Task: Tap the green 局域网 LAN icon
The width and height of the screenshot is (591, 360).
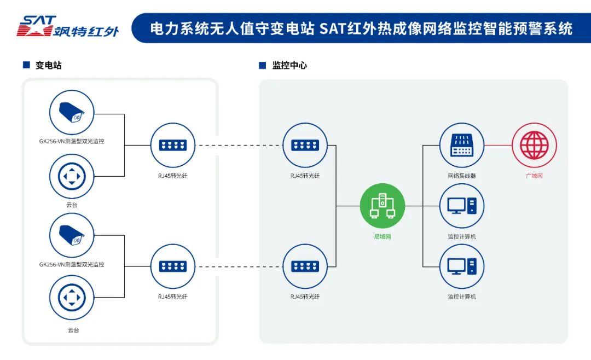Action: point(383,206)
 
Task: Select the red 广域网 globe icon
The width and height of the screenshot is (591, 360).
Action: point(534,145)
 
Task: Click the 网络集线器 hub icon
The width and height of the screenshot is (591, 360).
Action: point(462,145)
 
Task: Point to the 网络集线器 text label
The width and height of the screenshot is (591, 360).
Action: point(462,176)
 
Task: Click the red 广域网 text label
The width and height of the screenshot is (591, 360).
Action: point(534,176)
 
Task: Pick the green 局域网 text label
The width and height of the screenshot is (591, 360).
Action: point(383,236)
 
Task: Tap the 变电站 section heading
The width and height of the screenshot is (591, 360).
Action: point(48,65)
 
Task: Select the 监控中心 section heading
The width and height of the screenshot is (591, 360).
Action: point(289,65)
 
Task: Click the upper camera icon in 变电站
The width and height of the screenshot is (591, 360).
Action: point(72,113)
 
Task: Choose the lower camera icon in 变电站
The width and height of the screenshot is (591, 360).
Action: point(72,236)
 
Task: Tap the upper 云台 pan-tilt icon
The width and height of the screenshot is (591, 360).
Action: point(72,176)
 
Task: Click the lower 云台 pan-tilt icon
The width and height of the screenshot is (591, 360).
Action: point(72,298)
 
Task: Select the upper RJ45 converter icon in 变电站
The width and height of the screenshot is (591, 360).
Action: point(173,145)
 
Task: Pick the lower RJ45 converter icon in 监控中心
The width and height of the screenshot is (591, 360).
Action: point(305,266)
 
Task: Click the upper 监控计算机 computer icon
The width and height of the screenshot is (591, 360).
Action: point(462,206)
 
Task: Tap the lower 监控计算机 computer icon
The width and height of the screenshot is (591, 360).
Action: point(462,266)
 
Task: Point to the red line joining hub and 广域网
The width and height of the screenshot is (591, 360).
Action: point(498,145)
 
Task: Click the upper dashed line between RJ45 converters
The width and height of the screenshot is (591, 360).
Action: point(239,145)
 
